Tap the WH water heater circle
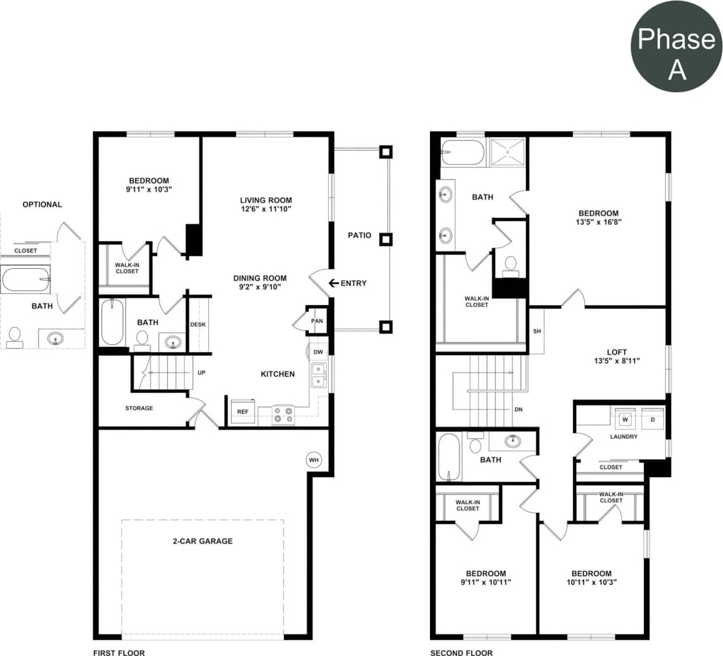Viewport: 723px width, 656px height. click(x=314, y=460)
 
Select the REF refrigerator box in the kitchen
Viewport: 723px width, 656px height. click(x=243, y=411)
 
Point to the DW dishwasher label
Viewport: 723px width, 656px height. click(x=318, y=352)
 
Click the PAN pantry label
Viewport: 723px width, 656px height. click(x=317, y=321)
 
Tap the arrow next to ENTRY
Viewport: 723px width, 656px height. click(x=334, y=283)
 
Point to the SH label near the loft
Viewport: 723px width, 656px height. click(x=537, y=331)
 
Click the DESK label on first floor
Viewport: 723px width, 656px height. click(x=198, y=325)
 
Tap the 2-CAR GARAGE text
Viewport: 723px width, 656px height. click(x=203, y=541)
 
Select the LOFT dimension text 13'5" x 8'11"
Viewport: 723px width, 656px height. click(x=617, y=361)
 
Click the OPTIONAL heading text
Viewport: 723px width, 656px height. click(x=42, y=204)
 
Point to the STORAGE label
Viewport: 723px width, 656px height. click(x=139, y=408)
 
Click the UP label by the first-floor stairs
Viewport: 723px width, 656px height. click(x=201, y=373)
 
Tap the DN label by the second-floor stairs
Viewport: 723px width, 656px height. click(x=518, y=409)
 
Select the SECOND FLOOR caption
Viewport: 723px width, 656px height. click(x=461, y=652)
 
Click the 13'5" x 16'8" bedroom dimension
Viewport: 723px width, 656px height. click(x=598, y=222)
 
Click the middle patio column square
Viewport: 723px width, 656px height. click(x=385, y=239)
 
